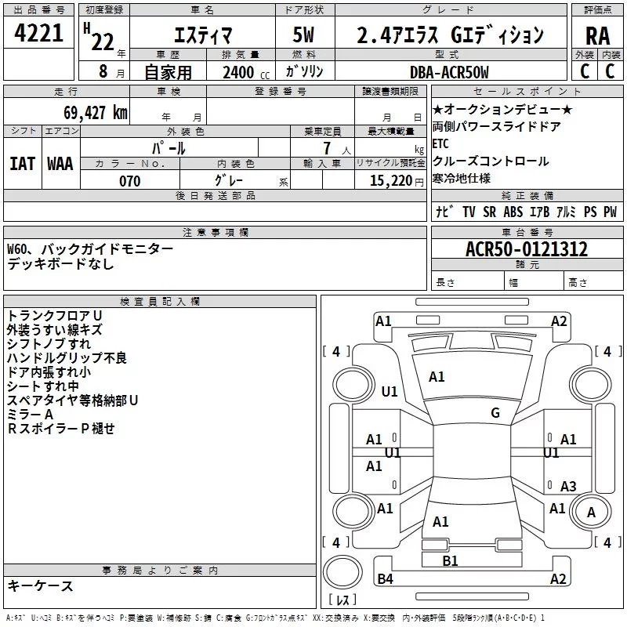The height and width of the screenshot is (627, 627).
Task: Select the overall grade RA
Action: pyautogui.click(x=597, y=34)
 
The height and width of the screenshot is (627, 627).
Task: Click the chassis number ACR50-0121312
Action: pyautogui.click(x=526, y=250)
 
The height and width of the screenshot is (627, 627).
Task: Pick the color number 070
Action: pyautogui.click(x=129, y=181)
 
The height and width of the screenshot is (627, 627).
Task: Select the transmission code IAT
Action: pyautogui.click(x=22, y=163)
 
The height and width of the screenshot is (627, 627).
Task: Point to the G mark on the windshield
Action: pyautogui.click(x=495, y=413)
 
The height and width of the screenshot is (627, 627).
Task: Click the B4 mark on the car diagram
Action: pyautogui.click(x=385, y=579)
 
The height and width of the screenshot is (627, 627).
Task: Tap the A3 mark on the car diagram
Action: pyautogui.click(x=568, y=487)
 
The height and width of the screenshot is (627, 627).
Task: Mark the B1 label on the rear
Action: pyautogui.click(x=450, y=560)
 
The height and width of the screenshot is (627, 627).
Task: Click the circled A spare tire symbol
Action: pyautogui.click(x=592, y=512)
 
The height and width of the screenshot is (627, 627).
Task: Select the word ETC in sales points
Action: pyautogui.click(x=440, y=144)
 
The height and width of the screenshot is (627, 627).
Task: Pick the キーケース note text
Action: pyautogui.click(x=41, y=586)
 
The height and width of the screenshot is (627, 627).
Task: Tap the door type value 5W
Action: pyautogui.click(x=305, y=34)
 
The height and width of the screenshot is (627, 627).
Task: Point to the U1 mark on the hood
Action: pyautogui.click(x=390, y=391)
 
